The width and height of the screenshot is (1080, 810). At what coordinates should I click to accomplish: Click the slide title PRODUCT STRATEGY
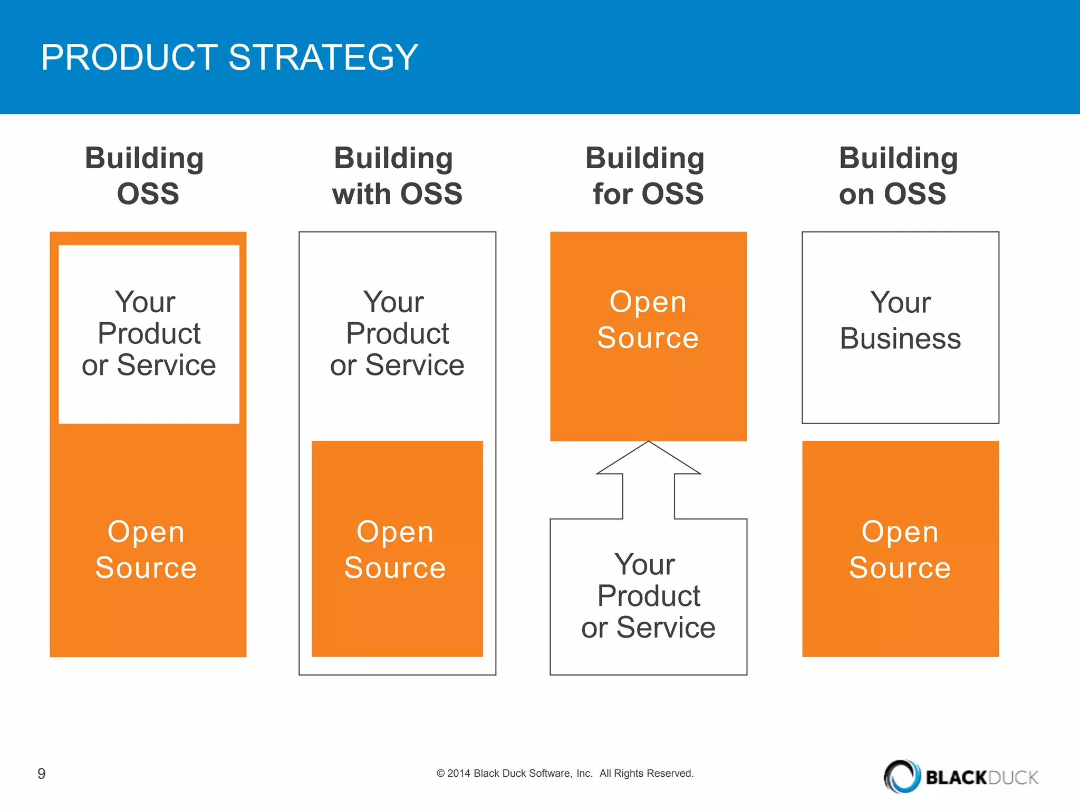click(x=229, y=57)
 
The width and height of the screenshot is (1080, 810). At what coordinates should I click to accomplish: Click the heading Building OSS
click(x=146, y=176)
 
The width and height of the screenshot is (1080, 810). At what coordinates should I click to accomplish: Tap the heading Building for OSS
click(x=647, y=176)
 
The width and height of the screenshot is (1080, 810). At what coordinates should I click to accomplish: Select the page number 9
click(x=42, y=774)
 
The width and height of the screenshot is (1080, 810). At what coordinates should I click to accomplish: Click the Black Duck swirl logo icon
click(x=902, y=776)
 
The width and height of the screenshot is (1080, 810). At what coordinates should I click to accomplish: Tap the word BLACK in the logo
click(x=956, y=778)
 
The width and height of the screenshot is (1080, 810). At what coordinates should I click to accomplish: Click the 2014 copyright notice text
click(x=565, y=774)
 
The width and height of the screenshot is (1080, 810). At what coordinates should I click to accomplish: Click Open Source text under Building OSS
click(x=146, y=549)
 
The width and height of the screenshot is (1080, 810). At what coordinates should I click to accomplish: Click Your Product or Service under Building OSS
click(x=149, y=334)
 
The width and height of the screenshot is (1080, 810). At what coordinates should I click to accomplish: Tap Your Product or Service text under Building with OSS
click(x=397, y=334)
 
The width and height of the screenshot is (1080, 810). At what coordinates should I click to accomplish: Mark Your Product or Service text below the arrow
click(x=648, y=596)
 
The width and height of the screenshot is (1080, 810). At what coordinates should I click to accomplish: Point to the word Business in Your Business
click(x=900, y=339)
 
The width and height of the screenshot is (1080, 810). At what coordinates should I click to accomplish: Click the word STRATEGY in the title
click(x=323, y=57)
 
